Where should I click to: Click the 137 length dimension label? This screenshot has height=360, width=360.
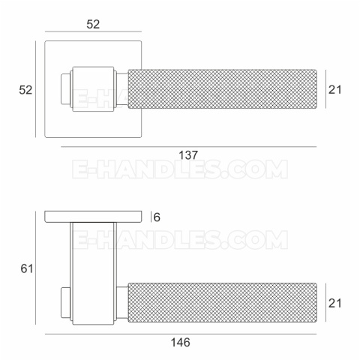pos(188,155)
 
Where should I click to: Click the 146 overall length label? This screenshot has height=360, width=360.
pos(180,342)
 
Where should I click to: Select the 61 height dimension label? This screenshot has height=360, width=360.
pos(27,268)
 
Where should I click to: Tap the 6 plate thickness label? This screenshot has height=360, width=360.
pos(157,217)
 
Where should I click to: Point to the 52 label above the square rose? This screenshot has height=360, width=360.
pos(93,24)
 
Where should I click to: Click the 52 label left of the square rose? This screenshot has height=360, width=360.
pos(25,90)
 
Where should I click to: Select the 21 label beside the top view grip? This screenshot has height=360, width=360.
pos(334,89)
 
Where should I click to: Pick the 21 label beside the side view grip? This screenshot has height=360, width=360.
pos(334,303)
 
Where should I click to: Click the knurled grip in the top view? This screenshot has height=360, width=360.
pos(222,89)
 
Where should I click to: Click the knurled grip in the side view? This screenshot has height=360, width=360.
pos(222,302)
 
